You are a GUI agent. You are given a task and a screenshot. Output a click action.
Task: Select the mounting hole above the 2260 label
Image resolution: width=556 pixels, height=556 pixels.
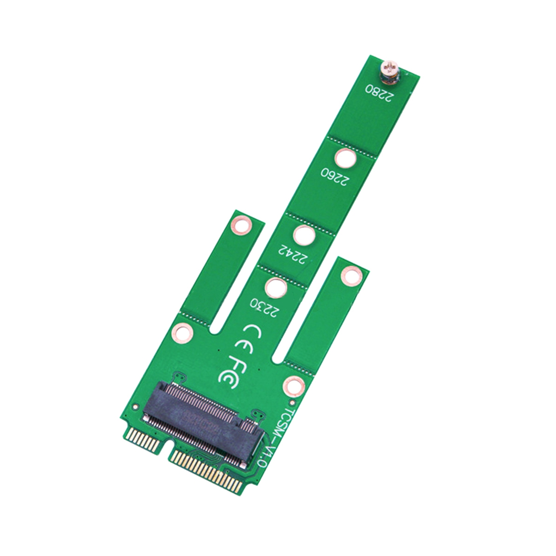pyautogui.click(x=346, y=159)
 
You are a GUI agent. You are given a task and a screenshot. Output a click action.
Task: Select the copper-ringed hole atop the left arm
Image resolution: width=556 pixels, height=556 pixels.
pyautogui.click(x=240, y=223)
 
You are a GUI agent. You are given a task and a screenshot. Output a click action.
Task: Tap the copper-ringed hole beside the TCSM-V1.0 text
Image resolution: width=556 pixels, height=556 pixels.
pyautogui.click(x=294, y=385)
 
